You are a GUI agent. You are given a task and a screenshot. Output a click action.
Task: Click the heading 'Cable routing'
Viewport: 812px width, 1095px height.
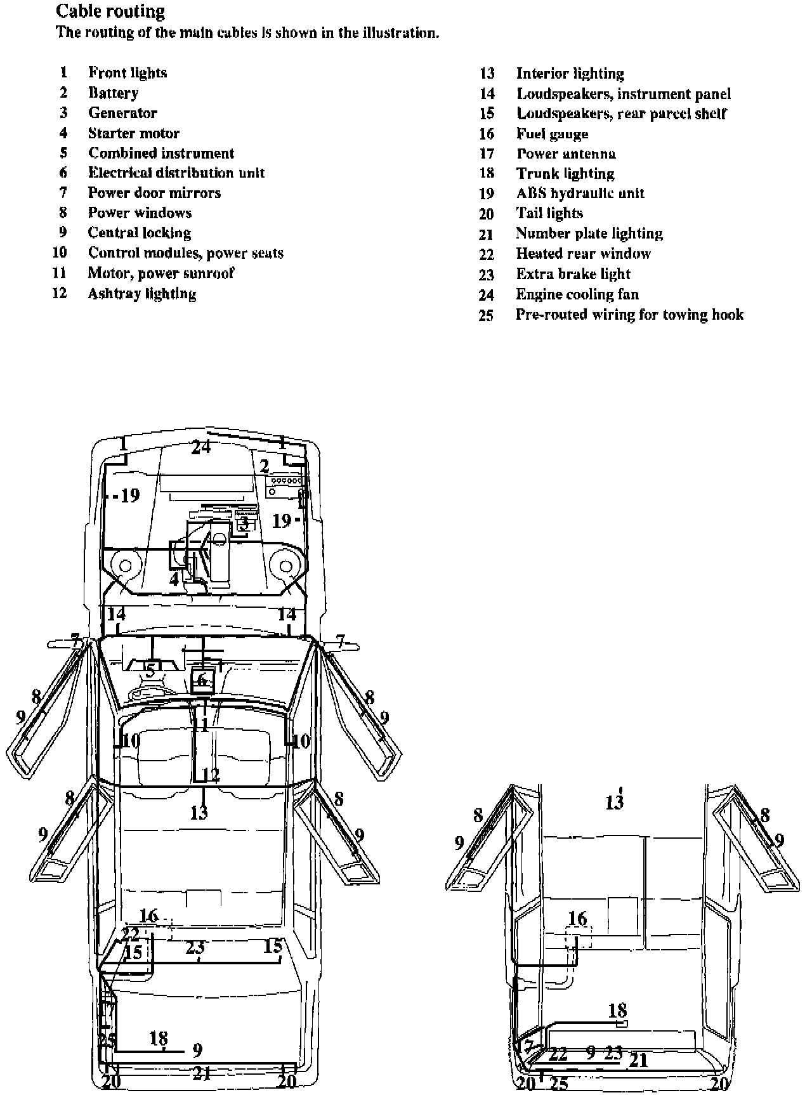(x=110, y=11)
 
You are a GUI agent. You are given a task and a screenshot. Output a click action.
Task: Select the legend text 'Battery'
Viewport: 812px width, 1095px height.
(x=113, y=93)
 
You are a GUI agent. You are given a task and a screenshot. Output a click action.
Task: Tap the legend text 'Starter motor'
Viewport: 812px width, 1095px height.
(x=133, y=133)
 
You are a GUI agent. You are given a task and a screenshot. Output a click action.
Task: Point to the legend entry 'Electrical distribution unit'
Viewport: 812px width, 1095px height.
(x=176, y=173)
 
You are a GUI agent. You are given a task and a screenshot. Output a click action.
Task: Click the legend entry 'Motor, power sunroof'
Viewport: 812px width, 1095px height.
(x=161, y=273)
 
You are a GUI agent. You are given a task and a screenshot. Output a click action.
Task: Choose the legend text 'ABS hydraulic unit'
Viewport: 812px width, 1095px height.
(x=580, y=193)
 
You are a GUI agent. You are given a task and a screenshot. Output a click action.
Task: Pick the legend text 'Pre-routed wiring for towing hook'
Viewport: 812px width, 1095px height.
(x=629, y=315)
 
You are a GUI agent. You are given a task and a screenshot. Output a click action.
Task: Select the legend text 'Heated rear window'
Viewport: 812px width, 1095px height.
(x=583, y=254)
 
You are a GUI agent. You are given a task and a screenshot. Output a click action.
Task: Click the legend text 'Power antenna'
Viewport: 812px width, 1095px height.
(x=566, y=154)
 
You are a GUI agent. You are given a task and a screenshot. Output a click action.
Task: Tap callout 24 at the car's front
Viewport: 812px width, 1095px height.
(x=201, y=447)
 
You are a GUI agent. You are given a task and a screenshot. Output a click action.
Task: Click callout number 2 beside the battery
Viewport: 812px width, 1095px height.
(x=265, y=466)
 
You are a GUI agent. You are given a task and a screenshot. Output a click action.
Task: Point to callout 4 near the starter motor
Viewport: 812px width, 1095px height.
(x=174, y=579)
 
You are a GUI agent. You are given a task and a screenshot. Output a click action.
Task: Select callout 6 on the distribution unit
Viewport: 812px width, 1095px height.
(x=202, y=680)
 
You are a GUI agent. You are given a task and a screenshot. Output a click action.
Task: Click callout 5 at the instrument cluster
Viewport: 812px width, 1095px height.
(x=150, y=670)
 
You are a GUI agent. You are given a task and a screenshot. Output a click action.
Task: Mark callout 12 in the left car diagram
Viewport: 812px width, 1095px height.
(x=211, y=775)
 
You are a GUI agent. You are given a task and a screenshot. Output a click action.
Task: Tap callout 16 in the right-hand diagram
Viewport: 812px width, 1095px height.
(x=577, y=918)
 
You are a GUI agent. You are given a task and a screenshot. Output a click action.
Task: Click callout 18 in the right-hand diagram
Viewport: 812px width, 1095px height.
(x=617, y=1010)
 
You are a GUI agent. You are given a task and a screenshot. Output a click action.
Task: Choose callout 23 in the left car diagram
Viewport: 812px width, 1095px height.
(x=195, y=947)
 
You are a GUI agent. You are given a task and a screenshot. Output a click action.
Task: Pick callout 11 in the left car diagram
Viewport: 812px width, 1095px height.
(x=200, y=725)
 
